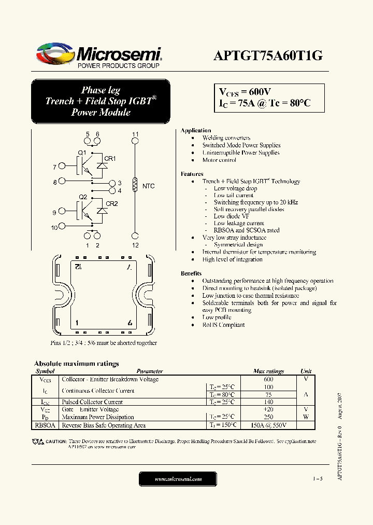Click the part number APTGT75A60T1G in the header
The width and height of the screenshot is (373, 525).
[x=268, y=57]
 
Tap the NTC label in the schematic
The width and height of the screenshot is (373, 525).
[x=148, y=186]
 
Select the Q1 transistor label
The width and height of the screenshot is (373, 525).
[x=82, y=152]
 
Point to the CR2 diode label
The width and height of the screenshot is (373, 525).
[x=111, y=203]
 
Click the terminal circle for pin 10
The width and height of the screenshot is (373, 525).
[x=62, y=226]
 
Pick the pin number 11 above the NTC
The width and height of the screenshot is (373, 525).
[x=135, y=134]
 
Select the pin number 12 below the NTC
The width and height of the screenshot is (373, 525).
[x=135, y=245]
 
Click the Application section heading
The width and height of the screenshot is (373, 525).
[x=195, y=130]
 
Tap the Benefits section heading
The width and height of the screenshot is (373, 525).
[x=191, y=273]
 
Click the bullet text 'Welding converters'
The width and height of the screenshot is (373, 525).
[x=226, y=138]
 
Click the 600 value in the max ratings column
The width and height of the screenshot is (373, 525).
[x=268, y=379]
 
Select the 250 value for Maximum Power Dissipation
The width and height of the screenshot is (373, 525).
[x=268, y=417]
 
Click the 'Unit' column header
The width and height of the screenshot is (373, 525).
[x=306, y=371]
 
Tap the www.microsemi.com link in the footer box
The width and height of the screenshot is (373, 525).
[x=178, y=479]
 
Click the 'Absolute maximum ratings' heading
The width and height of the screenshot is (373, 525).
[x=76, y=364]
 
